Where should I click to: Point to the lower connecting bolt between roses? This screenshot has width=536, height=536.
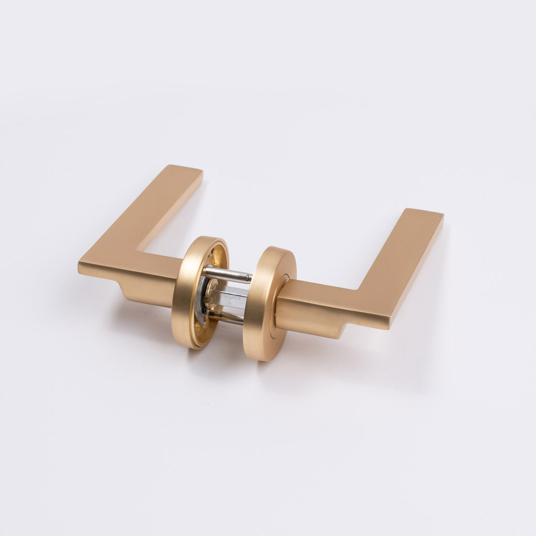click(228, 317)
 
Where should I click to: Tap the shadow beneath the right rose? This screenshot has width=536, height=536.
click(293, 366)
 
